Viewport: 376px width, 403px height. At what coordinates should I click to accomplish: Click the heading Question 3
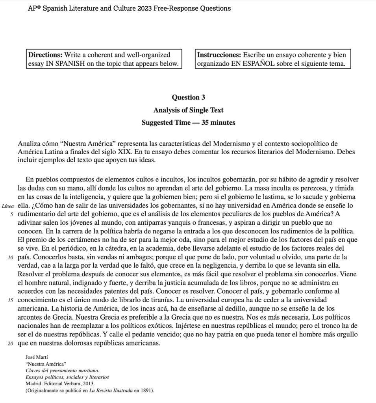188,97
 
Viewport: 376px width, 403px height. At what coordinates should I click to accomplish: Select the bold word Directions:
44,55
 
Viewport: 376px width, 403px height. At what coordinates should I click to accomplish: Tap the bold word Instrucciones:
219,55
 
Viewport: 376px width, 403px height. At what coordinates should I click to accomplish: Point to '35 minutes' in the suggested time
219,122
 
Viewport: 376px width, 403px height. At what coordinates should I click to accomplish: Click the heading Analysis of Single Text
188,110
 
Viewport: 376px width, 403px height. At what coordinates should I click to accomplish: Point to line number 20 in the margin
11,343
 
